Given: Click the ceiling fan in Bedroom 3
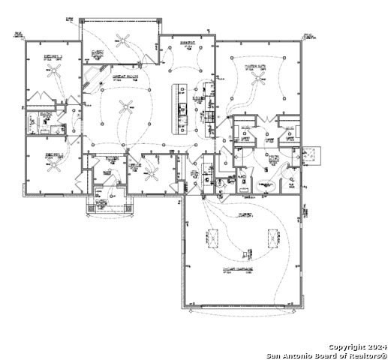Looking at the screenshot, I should pos(53,71).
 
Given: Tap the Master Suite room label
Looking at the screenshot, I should pos(257,66).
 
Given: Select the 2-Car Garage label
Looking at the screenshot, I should pos(237,268).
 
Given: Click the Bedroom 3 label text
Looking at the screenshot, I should pos(51,55).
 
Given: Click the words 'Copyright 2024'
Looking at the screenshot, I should pos(357,346).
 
